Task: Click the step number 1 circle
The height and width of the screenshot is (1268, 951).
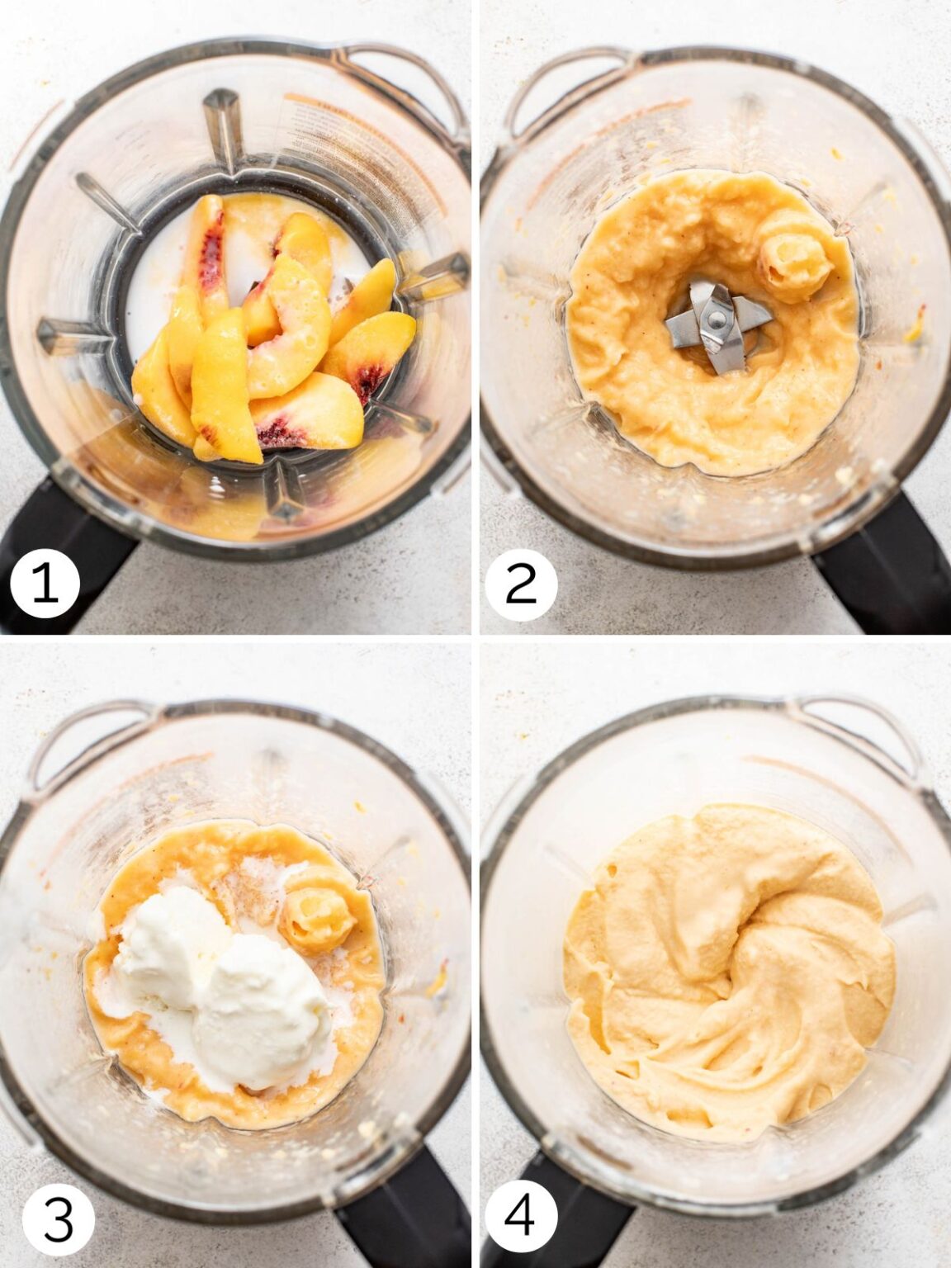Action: click(45, 583)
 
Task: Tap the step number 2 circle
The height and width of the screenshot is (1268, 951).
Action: click(520, 583)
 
